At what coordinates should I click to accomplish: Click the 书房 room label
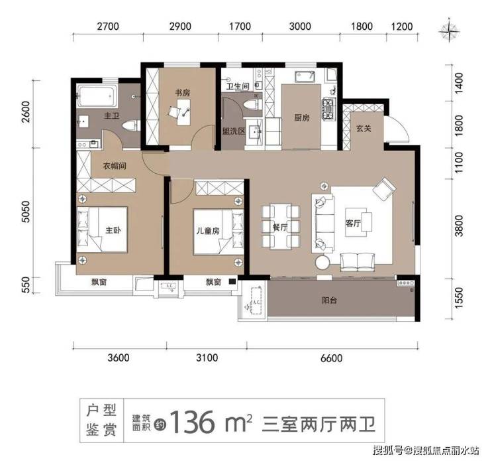[x=183, y=93]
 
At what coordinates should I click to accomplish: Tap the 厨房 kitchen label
[x=301, y=117]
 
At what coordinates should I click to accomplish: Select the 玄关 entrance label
[x=364, y=128]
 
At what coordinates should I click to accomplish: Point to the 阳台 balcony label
[x=329, y=300]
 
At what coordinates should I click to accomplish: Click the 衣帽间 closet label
[x=115, y=166]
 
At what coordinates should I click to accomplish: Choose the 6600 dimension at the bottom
[x=331, y=358]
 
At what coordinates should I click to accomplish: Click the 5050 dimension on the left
[x=26, y=212]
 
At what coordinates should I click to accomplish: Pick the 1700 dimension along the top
[x=240, y=27]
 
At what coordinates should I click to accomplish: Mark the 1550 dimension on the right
[x=458, y=298]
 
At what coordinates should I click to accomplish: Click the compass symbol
[x=450, y=31]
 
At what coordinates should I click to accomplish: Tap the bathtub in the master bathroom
[x=97, y=96]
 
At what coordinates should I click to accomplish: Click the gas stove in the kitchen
[x=329, y=109]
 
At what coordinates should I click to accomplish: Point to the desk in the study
[x=183, y=112]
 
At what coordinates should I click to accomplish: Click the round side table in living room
[x=323, y=262]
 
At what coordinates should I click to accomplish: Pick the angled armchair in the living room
[x=384, y=188]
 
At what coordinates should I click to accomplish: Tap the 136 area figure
[x=193, y=423]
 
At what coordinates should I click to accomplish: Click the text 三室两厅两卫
[x=318, y=425]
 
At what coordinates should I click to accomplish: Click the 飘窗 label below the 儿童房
[x=213, y=282]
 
